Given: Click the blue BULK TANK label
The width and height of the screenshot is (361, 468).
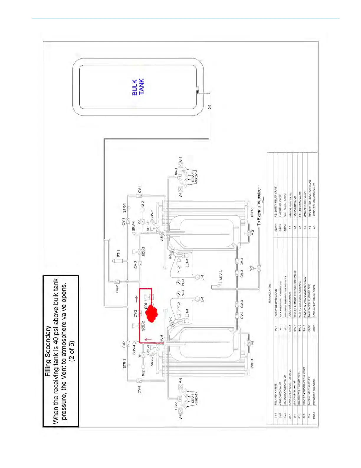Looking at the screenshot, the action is [138, 87].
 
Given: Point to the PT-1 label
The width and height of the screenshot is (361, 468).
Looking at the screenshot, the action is [118, 253].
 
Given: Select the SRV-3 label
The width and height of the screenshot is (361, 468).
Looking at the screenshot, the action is [221, 275].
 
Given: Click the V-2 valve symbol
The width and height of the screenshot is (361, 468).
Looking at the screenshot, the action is [259, 268].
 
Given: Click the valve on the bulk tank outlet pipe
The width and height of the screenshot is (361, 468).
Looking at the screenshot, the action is [209, 107].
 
